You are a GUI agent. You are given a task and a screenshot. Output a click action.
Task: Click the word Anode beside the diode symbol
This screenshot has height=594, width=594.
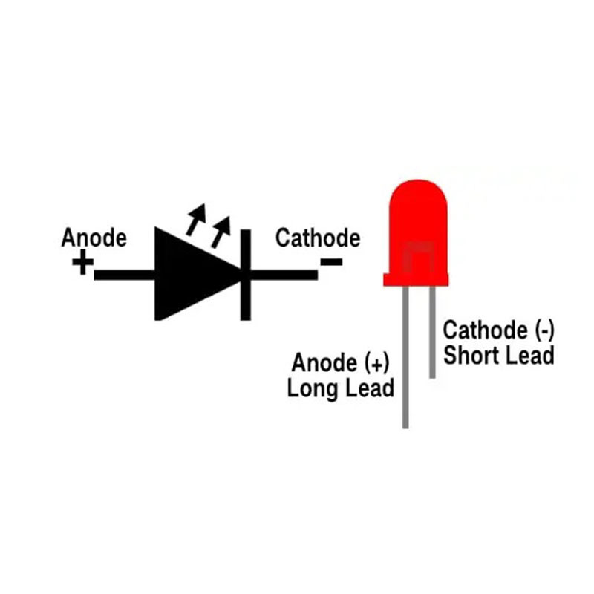94,238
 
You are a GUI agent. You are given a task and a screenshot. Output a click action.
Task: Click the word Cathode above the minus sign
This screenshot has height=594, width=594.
317,238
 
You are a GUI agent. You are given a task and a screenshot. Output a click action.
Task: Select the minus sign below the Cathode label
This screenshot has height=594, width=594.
330,261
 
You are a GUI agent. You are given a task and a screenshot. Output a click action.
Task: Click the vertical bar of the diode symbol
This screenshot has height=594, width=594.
245,274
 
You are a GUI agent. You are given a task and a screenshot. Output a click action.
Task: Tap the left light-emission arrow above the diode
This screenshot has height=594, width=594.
195,218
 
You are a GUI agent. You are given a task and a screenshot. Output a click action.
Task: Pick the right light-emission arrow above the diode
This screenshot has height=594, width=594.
221,229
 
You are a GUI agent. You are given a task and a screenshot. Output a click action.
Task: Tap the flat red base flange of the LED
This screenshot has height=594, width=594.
417,279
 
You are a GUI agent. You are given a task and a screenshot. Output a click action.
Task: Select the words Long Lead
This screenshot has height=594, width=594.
340,388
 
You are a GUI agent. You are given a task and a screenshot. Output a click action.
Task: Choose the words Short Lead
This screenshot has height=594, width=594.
498,355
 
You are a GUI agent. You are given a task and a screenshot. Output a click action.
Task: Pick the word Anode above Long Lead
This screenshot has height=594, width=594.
324,364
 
